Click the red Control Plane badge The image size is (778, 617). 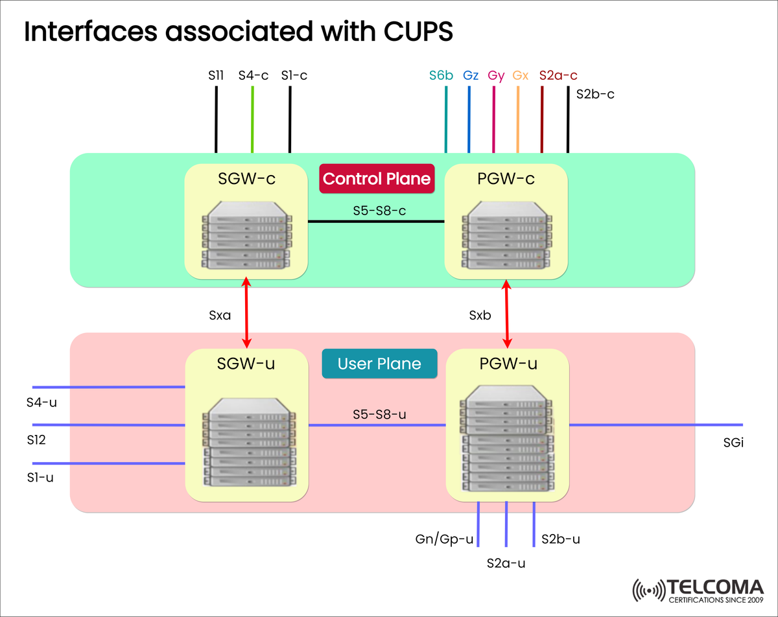click(x=377, y=179)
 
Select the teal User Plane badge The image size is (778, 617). click(x=379, y=364)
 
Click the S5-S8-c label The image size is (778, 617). click(x=380, y=210)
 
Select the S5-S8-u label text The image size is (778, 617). click(x=379, y=413)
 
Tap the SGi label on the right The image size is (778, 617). click(x=733, y=443)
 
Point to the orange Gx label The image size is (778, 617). click(x=521, y=75)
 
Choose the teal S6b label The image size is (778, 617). click(x=441, y=75)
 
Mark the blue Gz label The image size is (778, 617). click(x=471, y=75)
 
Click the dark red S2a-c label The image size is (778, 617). click(x=558, y=75)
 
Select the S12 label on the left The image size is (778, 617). click(x=36, y=439)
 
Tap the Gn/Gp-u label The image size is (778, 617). click(x=444, y=539)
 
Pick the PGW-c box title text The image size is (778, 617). click(x=506, y=179)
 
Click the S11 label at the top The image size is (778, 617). click(x=216, y=75)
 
